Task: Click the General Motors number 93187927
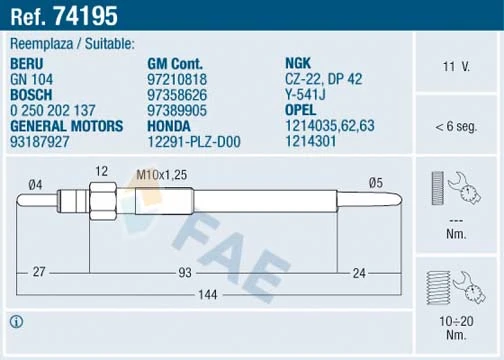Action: [39, 141]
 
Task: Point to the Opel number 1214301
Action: [310, 141]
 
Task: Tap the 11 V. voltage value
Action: [456, 66]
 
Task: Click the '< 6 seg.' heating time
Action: [456, 127]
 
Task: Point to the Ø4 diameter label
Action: [35, 183]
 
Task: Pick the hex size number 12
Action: [100, 171]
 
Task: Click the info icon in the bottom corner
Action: [17, 322]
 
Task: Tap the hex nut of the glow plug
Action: [100, 200]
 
